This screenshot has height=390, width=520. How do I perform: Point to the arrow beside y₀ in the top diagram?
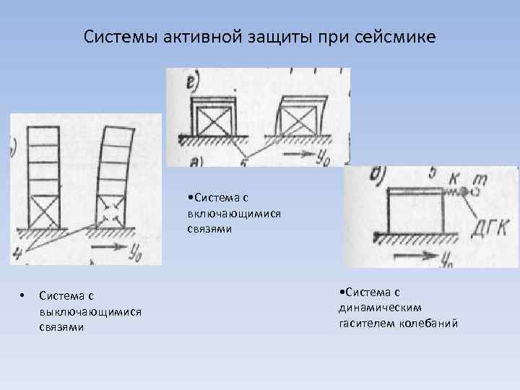[x=299, y=155]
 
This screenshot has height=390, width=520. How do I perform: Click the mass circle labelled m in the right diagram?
[x=474, y=192]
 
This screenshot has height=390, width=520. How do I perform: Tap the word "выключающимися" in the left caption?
[x=90, y=311]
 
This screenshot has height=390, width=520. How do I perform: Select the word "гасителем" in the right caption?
[x=368, y=323]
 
